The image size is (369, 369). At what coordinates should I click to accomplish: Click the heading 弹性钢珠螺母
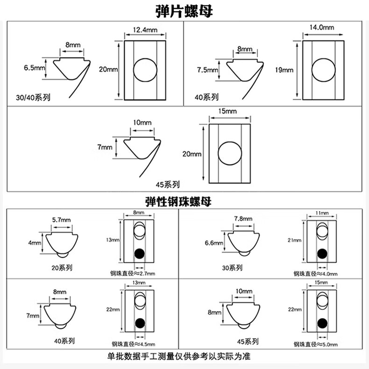point(179,202)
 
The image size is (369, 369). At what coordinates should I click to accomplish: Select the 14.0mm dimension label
point(322,28)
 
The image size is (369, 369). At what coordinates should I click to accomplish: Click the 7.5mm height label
point(207,70)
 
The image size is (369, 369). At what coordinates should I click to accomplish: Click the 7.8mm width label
point(243,219)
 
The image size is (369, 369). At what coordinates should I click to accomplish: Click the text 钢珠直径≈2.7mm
point(133,273)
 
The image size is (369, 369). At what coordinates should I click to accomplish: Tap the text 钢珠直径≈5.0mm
point(315,345)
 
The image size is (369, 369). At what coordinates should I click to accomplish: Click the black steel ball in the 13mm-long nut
point(139,254)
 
